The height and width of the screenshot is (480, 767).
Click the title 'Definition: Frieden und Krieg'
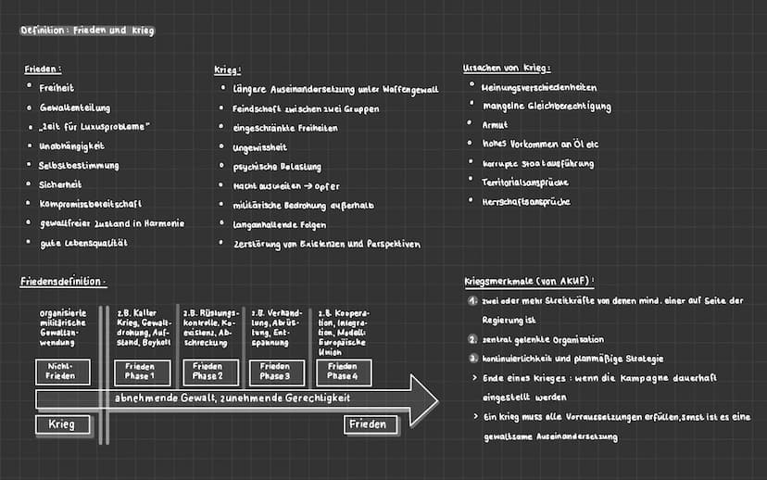[x=87, y=31]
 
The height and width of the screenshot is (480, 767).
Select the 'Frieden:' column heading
[x=43, y=69]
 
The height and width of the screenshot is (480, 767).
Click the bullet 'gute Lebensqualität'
[x=83, y=242]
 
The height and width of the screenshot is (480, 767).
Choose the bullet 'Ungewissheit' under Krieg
[x=260, y=147]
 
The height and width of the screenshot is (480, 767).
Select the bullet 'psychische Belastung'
[x=277, y=167]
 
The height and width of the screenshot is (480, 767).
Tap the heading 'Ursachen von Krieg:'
[x=506, y=68]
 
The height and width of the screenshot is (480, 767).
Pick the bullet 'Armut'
[x=495, y=124]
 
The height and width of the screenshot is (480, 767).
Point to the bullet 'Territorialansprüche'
[x=525, y=183]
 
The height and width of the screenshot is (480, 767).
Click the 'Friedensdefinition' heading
[x=63, y=281]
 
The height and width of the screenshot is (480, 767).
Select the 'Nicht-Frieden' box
[x=63, y=372]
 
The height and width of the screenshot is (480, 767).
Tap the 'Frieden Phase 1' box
[x=142, y=372]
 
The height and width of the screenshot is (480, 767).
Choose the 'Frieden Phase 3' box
[x=275, y=372]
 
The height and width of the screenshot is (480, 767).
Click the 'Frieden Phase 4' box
[x=343, y=372]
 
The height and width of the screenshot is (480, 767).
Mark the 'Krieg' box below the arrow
[x=63, y=424]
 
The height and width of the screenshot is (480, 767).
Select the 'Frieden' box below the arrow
[x=371, y=424]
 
